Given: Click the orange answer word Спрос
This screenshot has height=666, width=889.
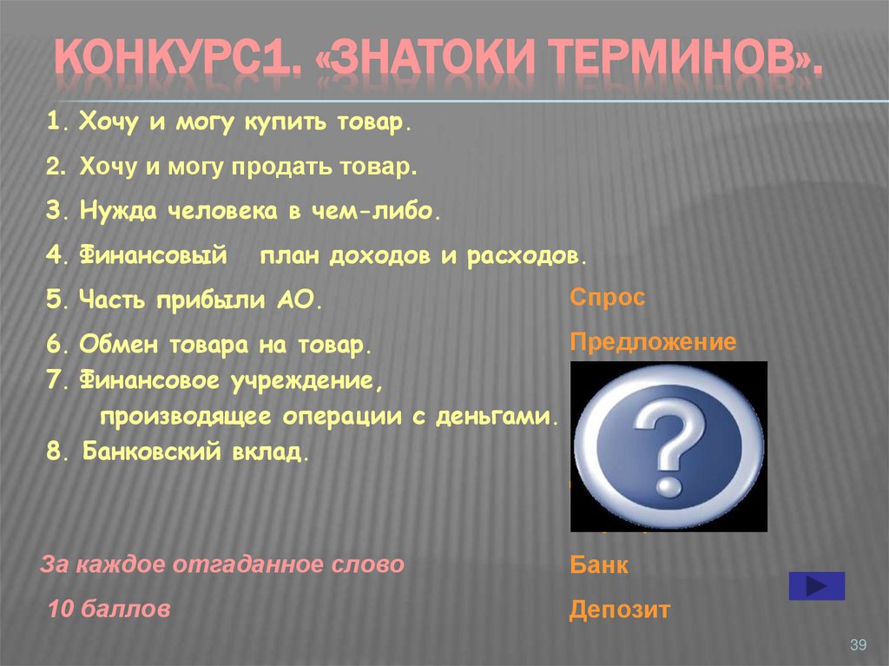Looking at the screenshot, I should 608,298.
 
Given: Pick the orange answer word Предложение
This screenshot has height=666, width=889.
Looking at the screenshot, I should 653,342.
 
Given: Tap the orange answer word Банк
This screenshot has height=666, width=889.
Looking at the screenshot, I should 599,566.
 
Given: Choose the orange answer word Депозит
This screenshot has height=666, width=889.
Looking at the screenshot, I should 620,610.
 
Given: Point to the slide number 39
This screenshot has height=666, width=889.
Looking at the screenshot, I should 858,643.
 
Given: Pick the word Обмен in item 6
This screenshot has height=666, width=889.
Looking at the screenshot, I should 112,345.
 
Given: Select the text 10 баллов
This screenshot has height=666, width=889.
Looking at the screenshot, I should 109,610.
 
